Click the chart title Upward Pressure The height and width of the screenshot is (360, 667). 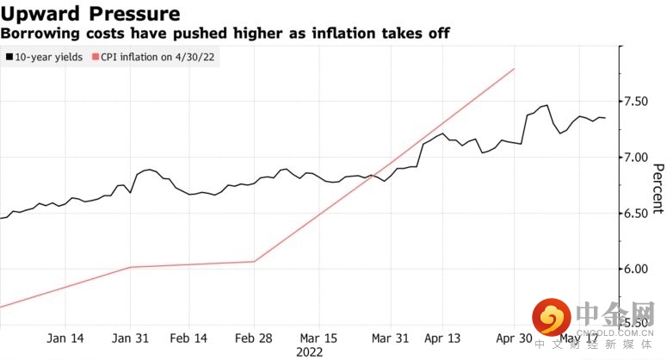(90, 14)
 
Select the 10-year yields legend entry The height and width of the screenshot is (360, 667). (44, 57)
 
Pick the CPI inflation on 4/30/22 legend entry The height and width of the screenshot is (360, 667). (155, 57)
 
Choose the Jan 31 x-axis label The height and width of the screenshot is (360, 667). (131, 337)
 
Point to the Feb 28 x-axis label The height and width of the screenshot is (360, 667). (255, 337)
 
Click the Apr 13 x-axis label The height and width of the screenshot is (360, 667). (443, 337)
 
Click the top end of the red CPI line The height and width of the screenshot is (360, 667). (515, 69)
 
